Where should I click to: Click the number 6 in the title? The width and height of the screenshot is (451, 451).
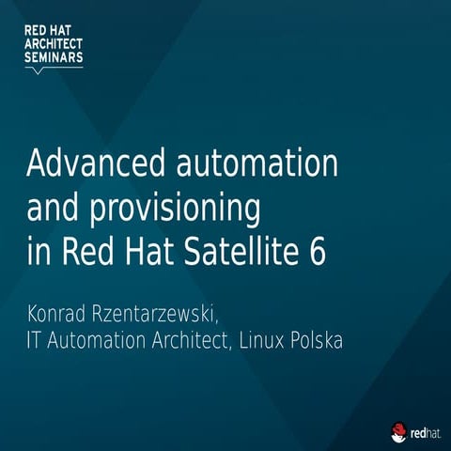(x=318, y=253)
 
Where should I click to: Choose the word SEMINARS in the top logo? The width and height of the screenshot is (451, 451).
(x=54, y=56)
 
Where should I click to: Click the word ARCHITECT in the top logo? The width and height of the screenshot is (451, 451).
(x=54, y=43)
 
